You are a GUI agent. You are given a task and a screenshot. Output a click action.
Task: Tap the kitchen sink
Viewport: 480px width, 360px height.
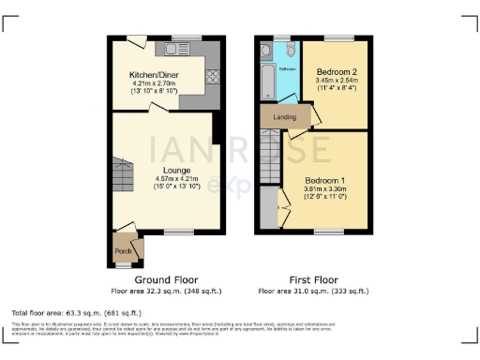178,47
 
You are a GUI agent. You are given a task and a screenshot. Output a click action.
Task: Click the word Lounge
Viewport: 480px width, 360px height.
165,170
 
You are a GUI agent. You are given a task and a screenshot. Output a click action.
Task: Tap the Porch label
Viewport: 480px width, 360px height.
123,250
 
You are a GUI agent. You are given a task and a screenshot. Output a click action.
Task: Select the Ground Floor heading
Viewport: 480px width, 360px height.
165,280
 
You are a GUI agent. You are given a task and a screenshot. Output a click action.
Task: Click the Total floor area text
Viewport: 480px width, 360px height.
76,311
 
